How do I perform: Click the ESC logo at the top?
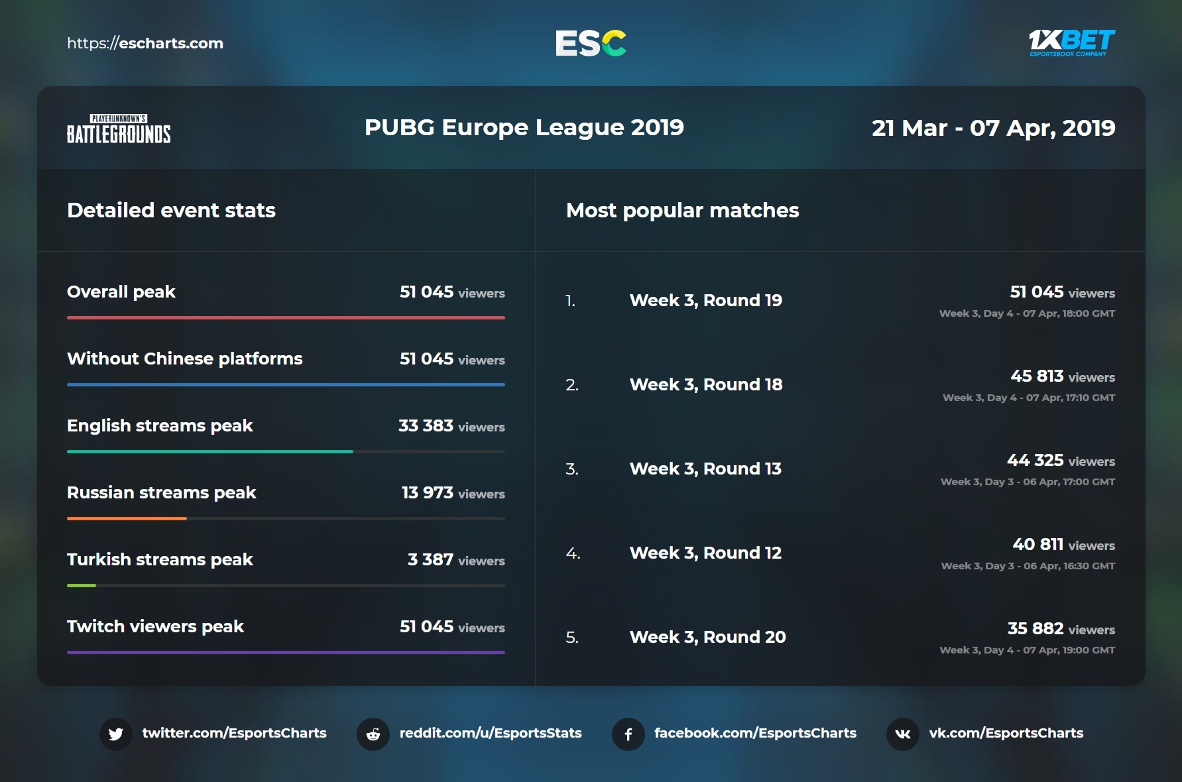click(591, 44)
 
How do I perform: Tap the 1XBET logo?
click(1071, 43)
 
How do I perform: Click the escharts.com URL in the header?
click(145, 44)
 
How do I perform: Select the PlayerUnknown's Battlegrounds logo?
click(119, 129)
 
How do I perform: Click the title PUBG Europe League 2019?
click(524, 127)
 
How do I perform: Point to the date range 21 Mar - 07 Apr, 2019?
click(992, 128)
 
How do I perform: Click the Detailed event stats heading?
click(171, 210)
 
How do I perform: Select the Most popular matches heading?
click(682, 210)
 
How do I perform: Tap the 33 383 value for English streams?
click(426, 425)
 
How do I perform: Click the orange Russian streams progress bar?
click(127, 518)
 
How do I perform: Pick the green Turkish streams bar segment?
click(82, 585)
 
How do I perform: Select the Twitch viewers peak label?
click(155, 626)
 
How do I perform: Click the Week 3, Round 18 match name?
click(705, 384)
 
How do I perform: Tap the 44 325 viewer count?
click(1035, 460)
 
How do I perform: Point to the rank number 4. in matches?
click(573, 553)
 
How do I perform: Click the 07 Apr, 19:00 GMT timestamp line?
click(1027, 650)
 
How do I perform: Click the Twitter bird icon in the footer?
click(116, 734)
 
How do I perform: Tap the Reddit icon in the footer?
click(373, 734)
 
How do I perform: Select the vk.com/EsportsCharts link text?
click(1006, 733)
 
